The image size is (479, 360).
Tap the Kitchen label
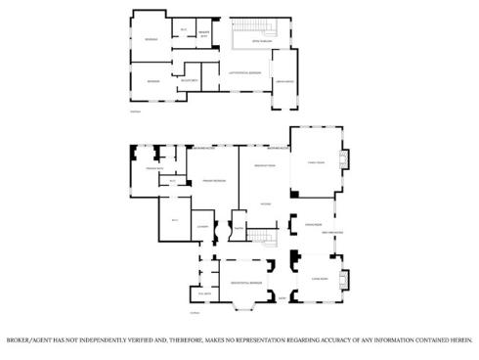[265, 203]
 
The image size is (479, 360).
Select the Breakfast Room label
[264, 166]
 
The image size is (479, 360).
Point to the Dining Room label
[313, 224]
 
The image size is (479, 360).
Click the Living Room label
[319, 279]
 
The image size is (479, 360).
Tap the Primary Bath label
[153, 170]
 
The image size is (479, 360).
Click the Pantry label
[238, 229]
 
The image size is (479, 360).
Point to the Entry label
[283, 297]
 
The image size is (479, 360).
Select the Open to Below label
[261, 42]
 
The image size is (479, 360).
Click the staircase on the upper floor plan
[257, 25]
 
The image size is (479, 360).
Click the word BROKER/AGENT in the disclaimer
[29, 341]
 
